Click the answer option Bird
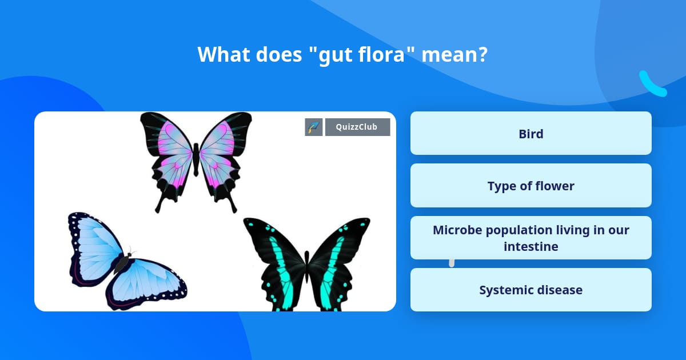pos(531,134)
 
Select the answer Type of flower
pos(531,186)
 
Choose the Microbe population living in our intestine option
pos(531,238)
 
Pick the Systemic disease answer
pos(531,290)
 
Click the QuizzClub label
pos(357,127)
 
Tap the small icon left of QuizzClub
pos(314,127)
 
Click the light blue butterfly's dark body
pos(122,263)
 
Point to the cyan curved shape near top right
pos(652,84)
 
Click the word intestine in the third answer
pos(531,246)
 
